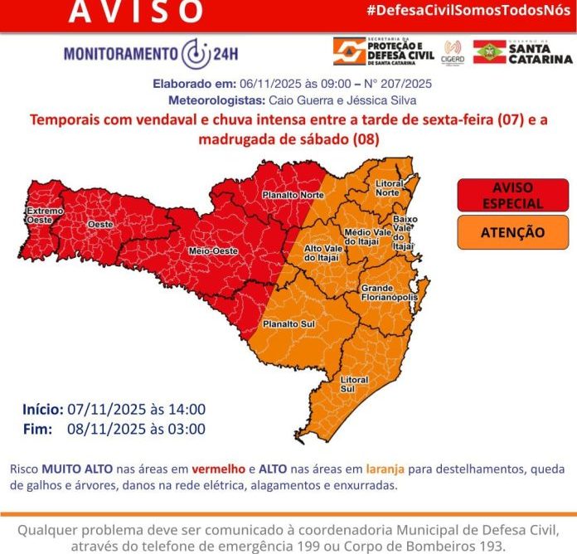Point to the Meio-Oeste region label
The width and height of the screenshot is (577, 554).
[211, 250]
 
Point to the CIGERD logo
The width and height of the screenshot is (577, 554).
[453, 51]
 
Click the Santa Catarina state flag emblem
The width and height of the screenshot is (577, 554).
[490, 51]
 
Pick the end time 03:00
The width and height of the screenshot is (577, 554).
[187, 429]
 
